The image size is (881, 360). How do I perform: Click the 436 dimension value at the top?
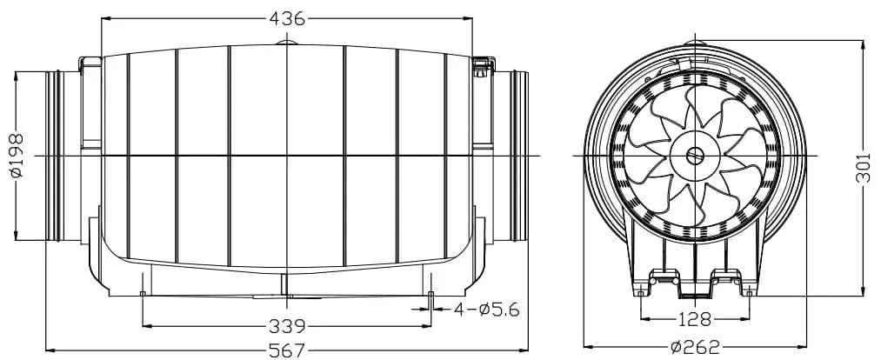point(287,17)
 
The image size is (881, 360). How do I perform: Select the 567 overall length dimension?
point(287,350)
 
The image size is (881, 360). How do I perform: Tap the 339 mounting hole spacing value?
point(287,327)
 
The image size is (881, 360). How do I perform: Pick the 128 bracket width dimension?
point(695,319)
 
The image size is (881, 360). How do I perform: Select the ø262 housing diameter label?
point(695,348)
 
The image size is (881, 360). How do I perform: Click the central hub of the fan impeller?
point(695,156)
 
